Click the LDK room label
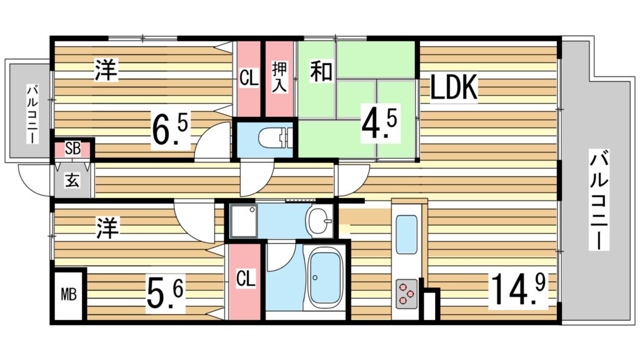[454, 88]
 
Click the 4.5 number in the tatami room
[379, 123]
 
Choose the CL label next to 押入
[249, 79]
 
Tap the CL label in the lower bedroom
[246, 279]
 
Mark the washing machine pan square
[242, 221]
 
